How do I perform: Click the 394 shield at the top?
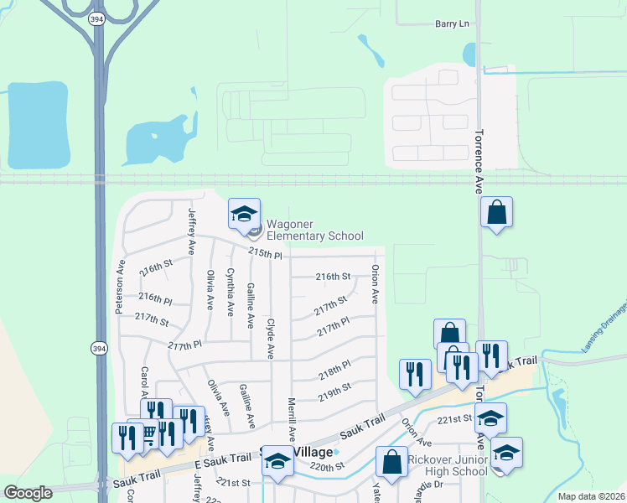(98, 18)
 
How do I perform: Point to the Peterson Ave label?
(120, 285)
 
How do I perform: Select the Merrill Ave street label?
(292, 419)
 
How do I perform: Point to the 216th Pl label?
(155, 298)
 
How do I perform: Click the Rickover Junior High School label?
(447, 465)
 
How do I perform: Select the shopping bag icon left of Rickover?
(392, 461)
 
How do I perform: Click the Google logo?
(28, 493)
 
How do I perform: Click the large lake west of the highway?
(38, 126)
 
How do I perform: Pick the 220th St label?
(327, 466)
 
